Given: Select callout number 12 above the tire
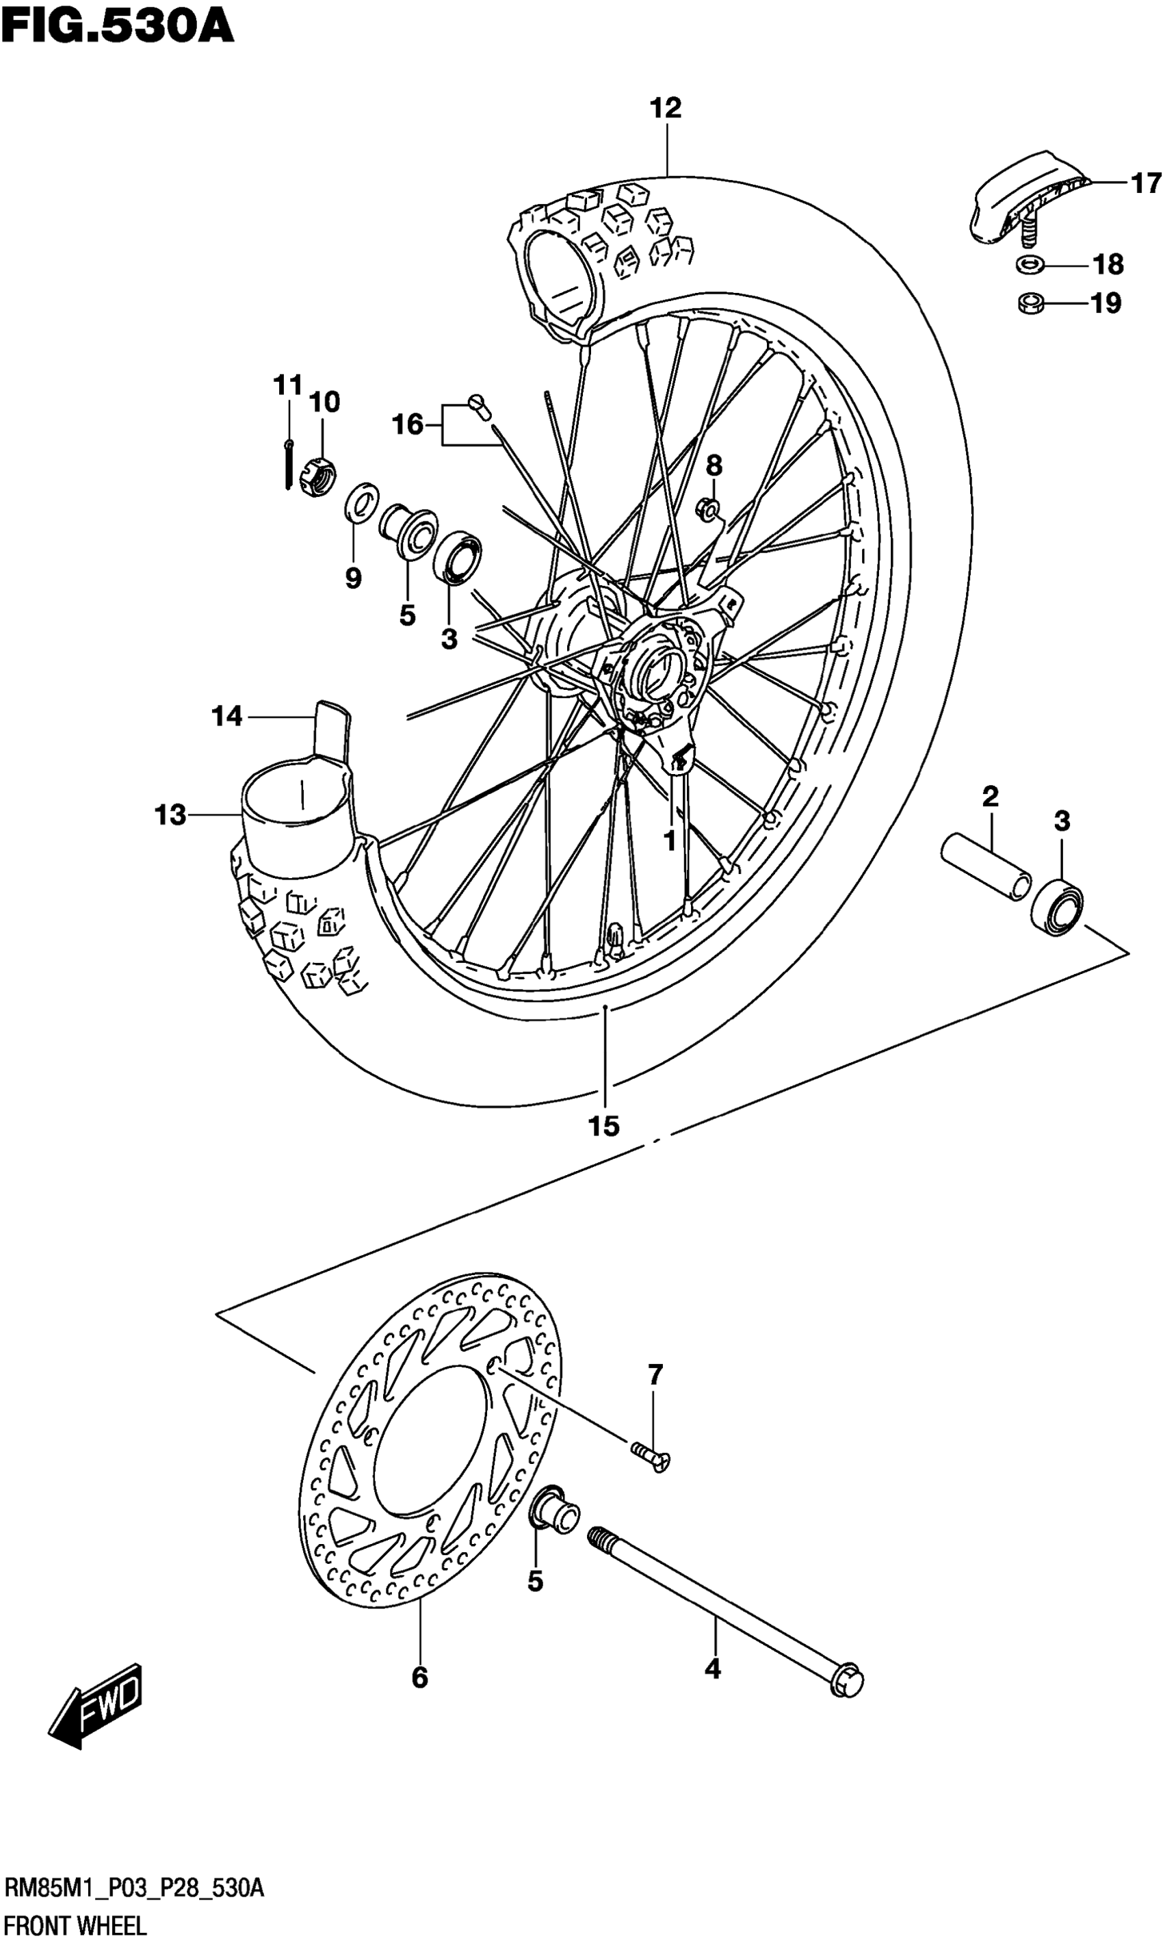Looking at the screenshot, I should coord(666,108).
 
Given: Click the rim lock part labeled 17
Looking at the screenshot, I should coord(1027,200).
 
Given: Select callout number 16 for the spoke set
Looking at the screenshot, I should coord(408,425).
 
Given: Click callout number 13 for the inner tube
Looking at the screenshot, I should coord(170,815).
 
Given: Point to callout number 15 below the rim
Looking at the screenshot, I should coord(604,1126).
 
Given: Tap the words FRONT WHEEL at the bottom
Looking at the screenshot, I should coord(75,1919).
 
